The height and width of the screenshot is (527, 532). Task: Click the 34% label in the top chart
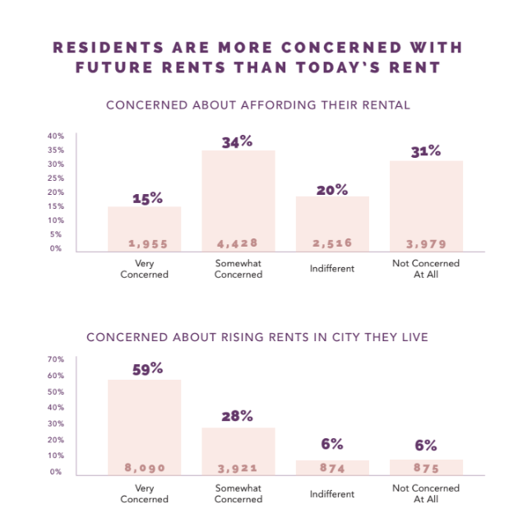[x=238, y=142]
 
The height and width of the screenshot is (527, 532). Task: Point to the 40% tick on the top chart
[x=55, y=136]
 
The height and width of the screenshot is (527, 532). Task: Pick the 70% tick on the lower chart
[x=55, y=359]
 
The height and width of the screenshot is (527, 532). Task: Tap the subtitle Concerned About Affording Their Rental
[x=258, y=105]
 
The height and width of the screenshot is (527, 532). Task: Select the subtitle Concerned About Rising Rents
[x=257, y=336]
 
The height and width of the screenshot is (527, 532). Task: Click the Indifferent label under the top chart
[x=332, y=269]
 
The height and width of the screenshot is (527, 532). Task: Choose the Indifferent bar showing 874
[x=332, y=467]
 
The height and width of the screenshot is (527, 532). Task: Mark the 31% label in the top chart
[x=427, y=151]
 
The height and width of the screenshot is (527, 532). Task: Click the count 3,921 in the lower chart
[x=238, y=468]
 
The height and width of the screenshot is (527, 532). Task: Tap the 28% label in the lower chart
[x=238, y=417]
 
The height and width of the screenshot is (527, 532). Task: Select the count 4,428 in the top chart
[x=238, y=243]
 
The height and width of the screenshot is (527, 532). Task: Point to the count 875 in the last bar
[x=427, y=468]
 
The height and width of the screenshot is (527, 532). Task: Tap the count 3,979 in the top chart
[x=427, y=243]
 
